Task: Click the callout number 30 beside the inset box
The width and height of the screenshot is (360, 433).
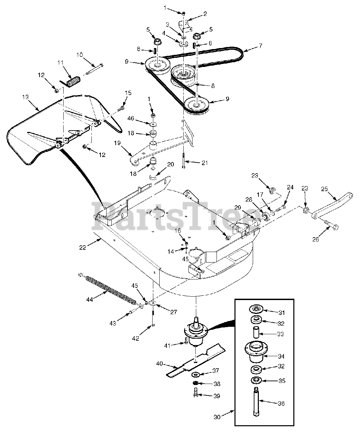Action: pyautogui.click(x=217, y=417)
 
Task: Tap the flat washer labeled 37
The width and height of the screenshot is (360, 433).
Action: pyautogui.click(x=196, y=375)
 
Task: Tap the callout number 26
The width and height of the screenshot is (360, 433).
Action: pyautogui.click(x=316, y=240)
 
